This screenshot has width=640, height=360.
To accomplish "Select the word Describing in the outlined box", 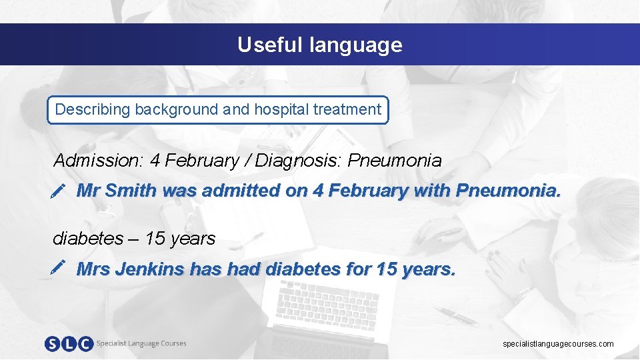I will point(93,109).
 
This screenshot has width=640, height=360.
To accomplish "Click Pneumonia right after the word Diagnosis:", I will point(395,161).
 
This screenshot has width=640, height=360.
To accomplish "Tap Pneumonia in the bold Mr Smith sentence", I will point(508,191).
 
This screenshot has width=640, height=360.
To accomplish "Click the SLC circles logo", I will point(69,344).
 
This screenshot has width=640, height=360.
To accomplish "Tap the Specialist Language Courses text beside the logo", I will point(141,343).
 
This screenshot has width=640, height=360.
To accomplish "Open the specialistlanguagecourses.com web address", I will point(558,344).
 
